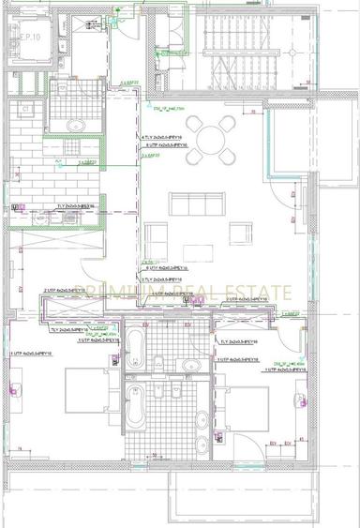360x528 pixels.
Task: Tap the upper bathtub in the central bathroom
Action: point(137,348)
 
